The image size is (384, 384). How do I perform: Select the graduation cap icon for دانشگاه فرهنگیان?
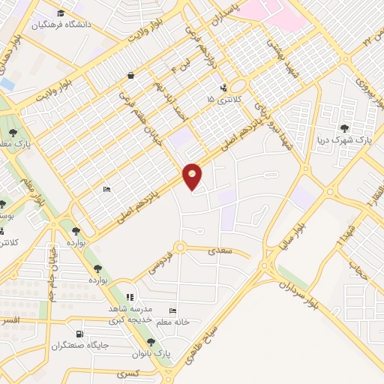coord(61,13)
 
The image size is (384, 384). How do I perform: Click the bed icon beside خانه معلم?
coord(173,311)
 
